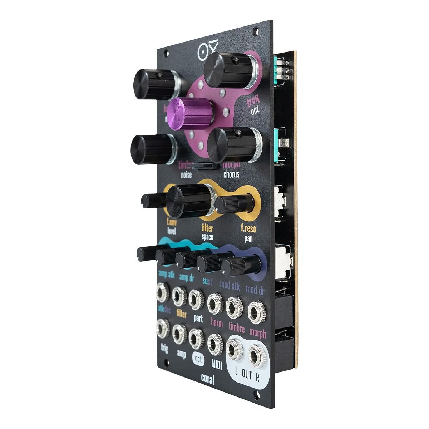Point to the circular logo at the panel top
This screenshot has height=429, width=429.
(202, 52)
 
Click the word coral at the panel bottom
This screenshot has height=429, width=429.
(207, 379)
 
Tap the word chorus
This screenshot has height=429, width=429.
(231, 174)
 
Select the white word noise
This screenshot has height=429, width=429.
(186, 175)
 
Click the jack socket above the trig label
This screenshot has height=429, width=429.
(163, 329)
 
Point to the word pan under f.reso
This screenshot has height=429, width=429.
(248, 239)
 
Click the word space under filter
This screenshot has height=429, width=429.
(207, 237)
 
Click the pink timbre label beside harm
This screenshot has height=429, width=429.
(237, 328)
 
